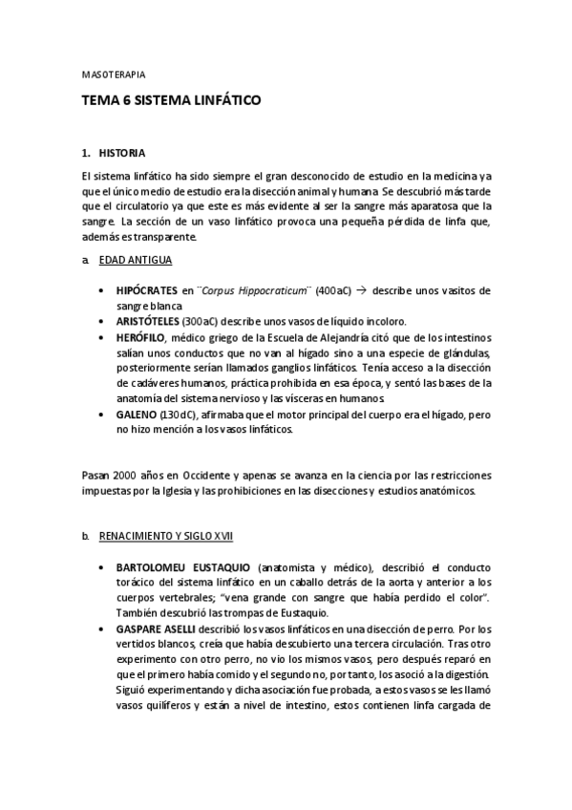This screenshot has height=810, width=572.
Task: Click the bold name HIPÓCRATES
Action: pyautogui.click(x=146, y=289)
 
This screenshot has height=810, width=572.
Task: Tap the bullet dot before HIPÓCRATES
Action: pyautogui.click(x=102, y=289)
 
